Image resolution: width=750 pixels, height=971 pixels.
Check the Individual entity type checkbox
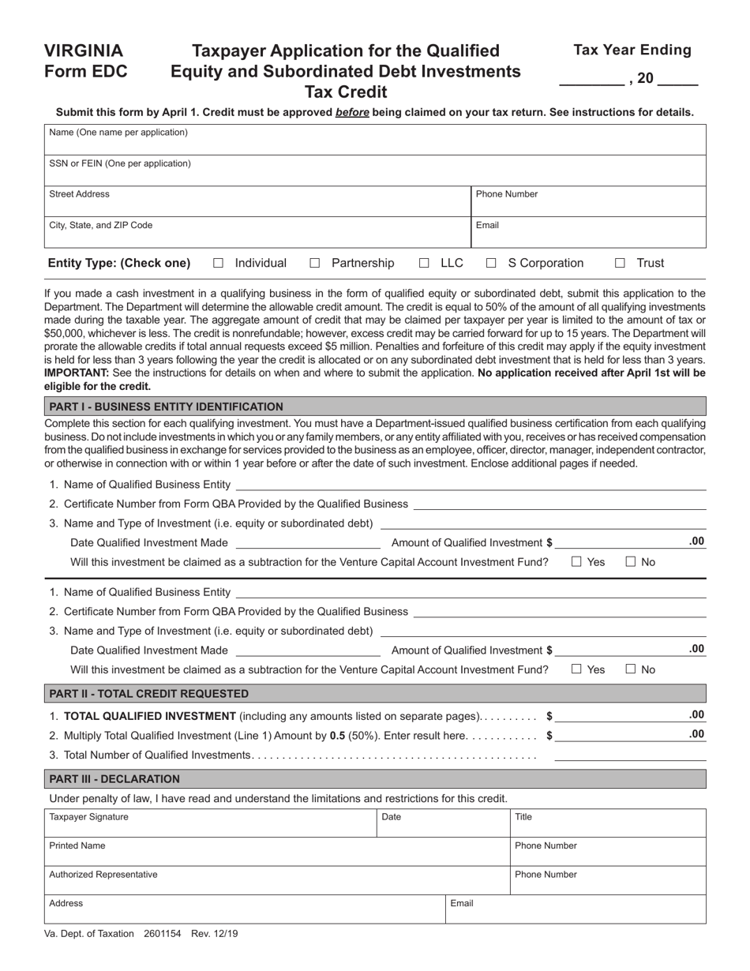[x=219, y=264]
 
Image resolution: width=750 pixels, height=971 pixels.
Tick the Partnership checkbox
[x=315, y=264]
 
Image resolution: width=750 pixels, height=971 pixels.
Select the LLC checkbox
[x=424, y=264]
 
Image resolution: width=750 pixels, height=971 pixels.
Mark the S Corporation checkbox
[x=491, y=264]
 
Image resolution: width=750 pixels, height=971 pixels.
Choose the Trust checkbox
[x=621, y=264]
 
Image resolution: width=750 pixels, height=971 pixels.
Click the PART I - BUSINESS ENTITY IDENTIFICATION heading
[x=166, y=407]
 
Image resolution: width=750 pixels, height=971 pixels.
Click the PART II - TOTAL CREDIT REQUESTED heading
[x=148, y=694]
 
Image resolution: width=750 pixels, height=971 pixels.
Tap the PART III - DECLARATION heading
[x=114, y=779]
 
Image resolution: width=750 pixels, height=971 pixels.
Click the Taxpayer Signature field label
[x=88, y=817]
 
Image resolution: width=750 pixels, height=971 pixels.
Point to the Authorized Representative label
[x=103, y=875]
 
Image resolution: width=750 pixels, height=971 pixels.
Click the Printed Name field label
[x=77, y=845]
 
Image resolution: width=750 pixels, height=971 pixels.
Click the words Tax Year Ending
[x=632, y=51]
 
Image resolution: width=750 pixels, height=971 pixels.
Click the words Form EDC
[x=85, y=72]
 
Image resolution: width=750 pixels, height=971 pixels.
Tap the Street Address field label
[x=79, y=194]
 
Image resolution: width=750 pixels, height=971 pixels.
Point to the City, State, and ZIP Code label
[x=100, y=225]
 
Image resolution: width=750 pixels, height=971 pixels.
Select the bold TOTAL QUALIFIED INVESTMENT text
[x=149, y=716]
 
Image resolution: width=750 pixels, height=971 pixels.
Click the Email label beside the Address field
[x=462, y=903]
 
